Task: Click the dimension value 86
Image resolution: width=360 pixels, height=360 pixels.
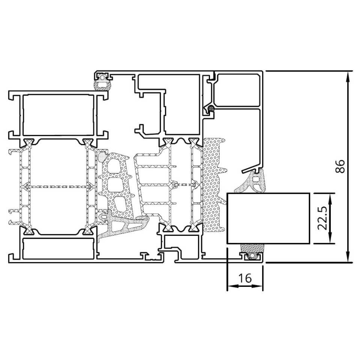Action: (340, 166)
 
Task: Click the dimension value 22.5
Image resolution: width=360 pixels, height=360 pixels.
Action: (322, 218)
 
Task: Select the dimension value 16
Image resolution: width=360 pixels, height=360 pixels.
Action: (245, 278)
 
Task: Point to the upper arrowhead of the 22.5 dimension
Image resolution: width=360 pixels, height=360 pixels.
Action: (330, 199)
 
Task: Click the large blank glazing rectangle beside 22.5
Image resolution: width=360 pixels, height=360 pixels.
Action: (268, 218)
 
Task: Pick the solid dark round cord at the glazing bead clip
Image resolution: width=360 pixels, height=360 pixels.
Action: (210, 108)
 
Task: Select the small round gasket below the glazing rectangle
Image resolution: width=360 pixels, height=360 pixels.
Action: (252, 256)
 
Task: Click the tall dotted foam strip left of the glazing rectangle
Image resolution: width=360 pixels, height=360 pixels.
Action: (213, 185)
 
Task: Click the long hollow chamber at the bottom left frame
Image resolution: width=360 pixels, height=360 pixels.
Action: (58, 249)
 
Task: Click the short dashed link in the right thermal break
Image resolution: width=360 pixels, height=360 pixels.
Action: (185, 184)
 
